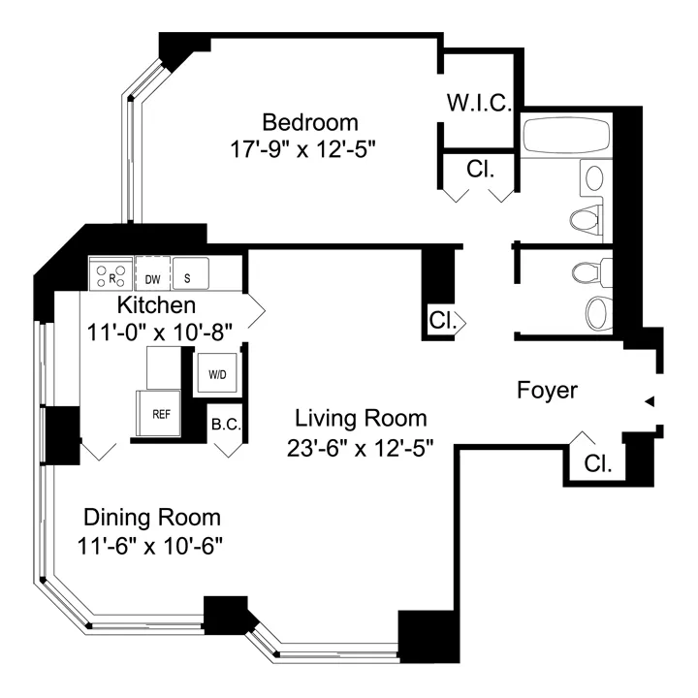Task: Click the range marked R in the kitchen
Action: point(111,274)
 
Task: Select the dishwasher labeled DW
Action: point(152,274)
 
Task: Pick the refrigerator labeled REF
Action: point(160,413)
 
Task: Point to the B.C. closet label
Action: point(226,424)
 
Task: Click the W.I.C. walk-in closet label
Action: point(479,103)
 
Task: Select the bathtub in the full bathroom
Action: point(567,137)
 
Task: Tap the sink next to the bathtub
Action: point(593,177)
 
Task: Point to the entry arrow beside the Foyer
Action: point(650,401)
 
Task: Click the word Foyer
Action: point(547,391)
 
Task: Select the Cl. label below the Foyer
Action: point(598,464)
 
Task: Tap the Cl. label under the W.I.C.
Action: point(481,168)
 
